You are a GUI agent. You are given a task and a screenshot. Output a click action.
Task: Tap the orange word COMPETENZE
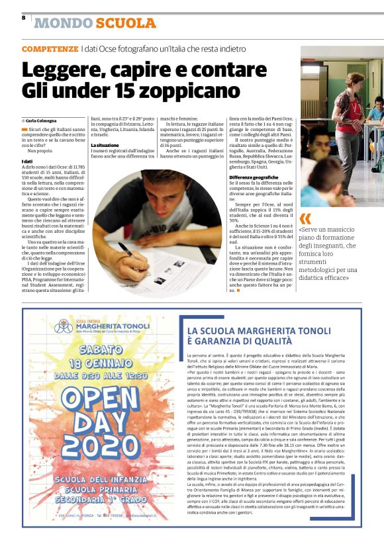[x=49, y=50]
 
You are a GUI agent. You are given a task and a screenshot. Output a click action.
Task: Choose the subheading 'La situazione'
[x=105, y=144]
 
